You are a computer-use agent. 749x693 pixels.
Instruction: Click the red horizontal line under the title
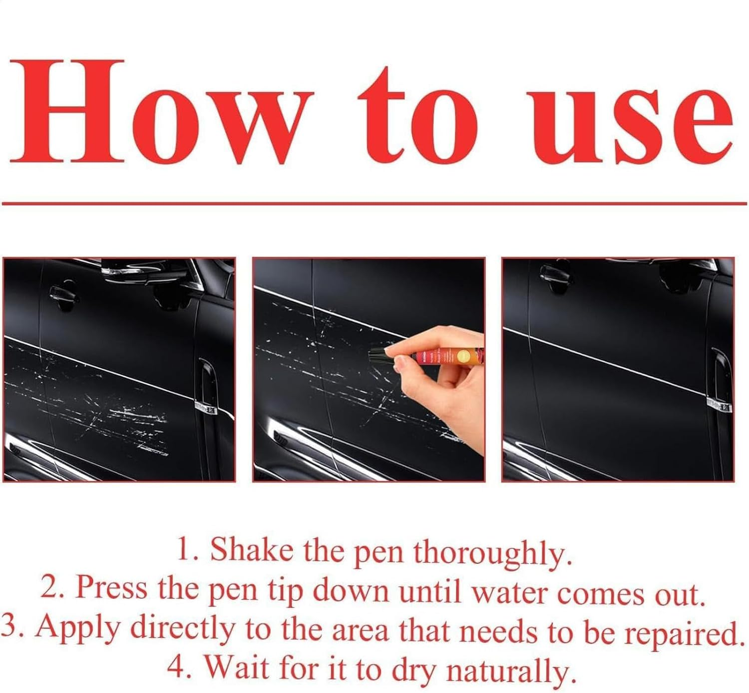[x=374, y=203]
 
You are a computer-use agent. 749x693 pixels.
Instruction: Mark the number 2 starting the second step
[x=50, y=589]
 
